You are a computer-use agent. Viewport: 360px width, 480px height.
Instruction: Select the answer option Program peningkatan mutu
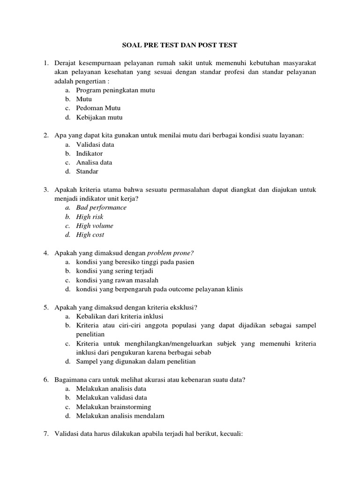point(115,90)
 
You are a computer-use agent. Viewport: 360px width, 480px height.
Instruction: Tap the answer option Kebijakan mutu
point(99,118)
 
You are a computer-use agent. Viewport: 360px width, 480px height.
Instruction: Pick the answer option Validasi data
point(95,145)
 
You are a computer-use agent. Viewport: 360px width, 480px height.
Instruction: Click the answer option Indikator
point(90,154)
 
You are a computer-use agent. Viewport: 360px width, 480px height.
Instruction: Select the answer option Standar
point(88,172)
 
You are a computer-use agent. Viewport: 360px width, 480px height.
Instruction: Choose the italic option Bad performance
point(101,208)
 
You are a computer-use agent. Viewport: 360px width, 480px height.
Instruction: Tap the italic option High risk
point(90,217)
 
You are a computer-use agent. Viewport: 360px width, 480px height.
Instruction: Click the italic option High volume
point(95,226)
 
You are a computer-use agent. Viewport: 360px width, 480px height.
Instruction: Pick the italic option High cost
point(90,235)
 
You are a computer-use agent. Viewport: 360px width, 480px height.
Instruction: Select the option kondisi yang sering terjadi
point(115,271)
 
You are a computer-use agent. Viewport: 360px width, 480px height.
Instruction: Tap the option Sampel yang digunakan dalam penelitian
point(136,361)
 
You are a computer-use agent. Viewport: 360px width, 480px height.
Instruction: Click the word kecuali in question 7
point(228,434)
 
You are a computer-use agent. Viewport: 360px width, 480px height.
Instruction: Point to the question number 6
point(46,380)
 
